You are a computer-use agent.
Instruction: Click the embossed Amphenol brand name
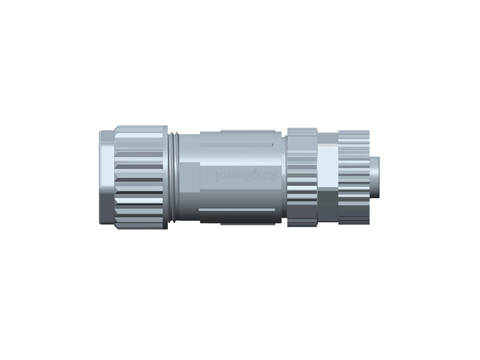(x=246, y=176)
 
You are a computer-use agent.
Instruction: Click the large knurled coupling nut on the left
(x=141, y=177)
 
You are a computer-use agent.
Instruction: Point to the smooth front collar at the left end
(x=105, y=177)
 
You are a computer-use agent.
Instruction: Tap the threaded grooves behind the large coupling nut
(x=174, y=177)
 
